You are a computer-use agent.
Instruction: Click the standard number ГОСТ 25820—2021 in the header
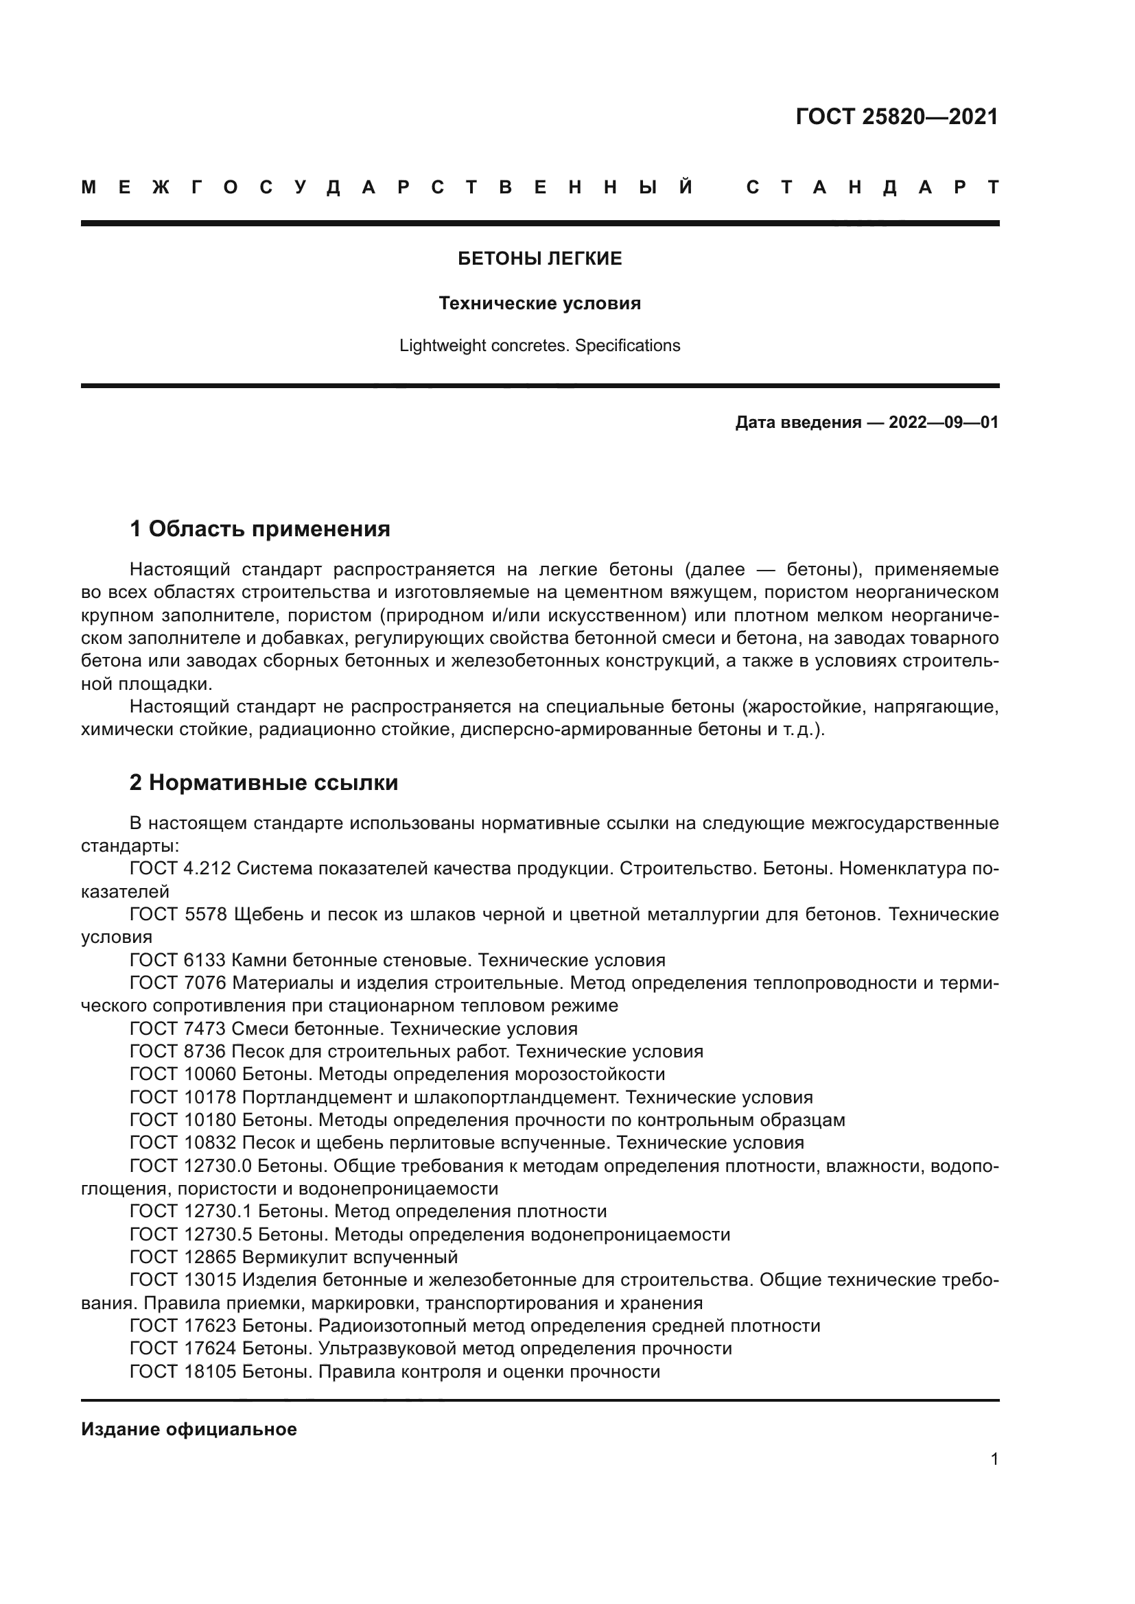897,117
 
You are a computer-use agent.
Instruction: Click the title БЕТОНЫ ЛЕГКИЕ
539,259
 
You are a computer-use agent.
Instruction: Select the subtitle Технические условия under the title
539,304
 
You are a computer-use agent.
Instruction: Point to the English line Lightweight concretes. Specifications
539,346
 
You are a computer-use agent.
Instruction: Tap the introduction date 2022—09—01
944,422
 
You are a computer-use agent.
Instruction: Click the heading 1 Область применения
259,529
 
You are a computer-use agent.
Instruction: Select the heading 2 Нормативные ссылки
264,782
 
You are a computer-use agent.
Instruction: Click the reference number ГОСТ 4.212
180,868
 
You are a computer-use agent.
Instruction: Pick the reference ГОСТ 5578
178,915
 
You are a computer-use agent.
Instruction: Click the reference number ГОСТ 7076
178,983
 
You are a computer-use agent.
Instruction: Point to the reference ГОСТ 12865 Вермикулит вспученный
294,1258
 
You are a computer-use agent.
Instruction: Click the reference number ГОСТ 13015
183,1280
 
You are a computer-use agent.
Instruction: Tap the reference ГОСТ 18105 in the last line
183,1372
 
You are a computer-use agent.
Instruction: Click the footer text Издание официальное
189,1429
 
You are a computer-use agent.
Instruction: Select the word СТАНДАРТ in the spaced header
872,187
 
